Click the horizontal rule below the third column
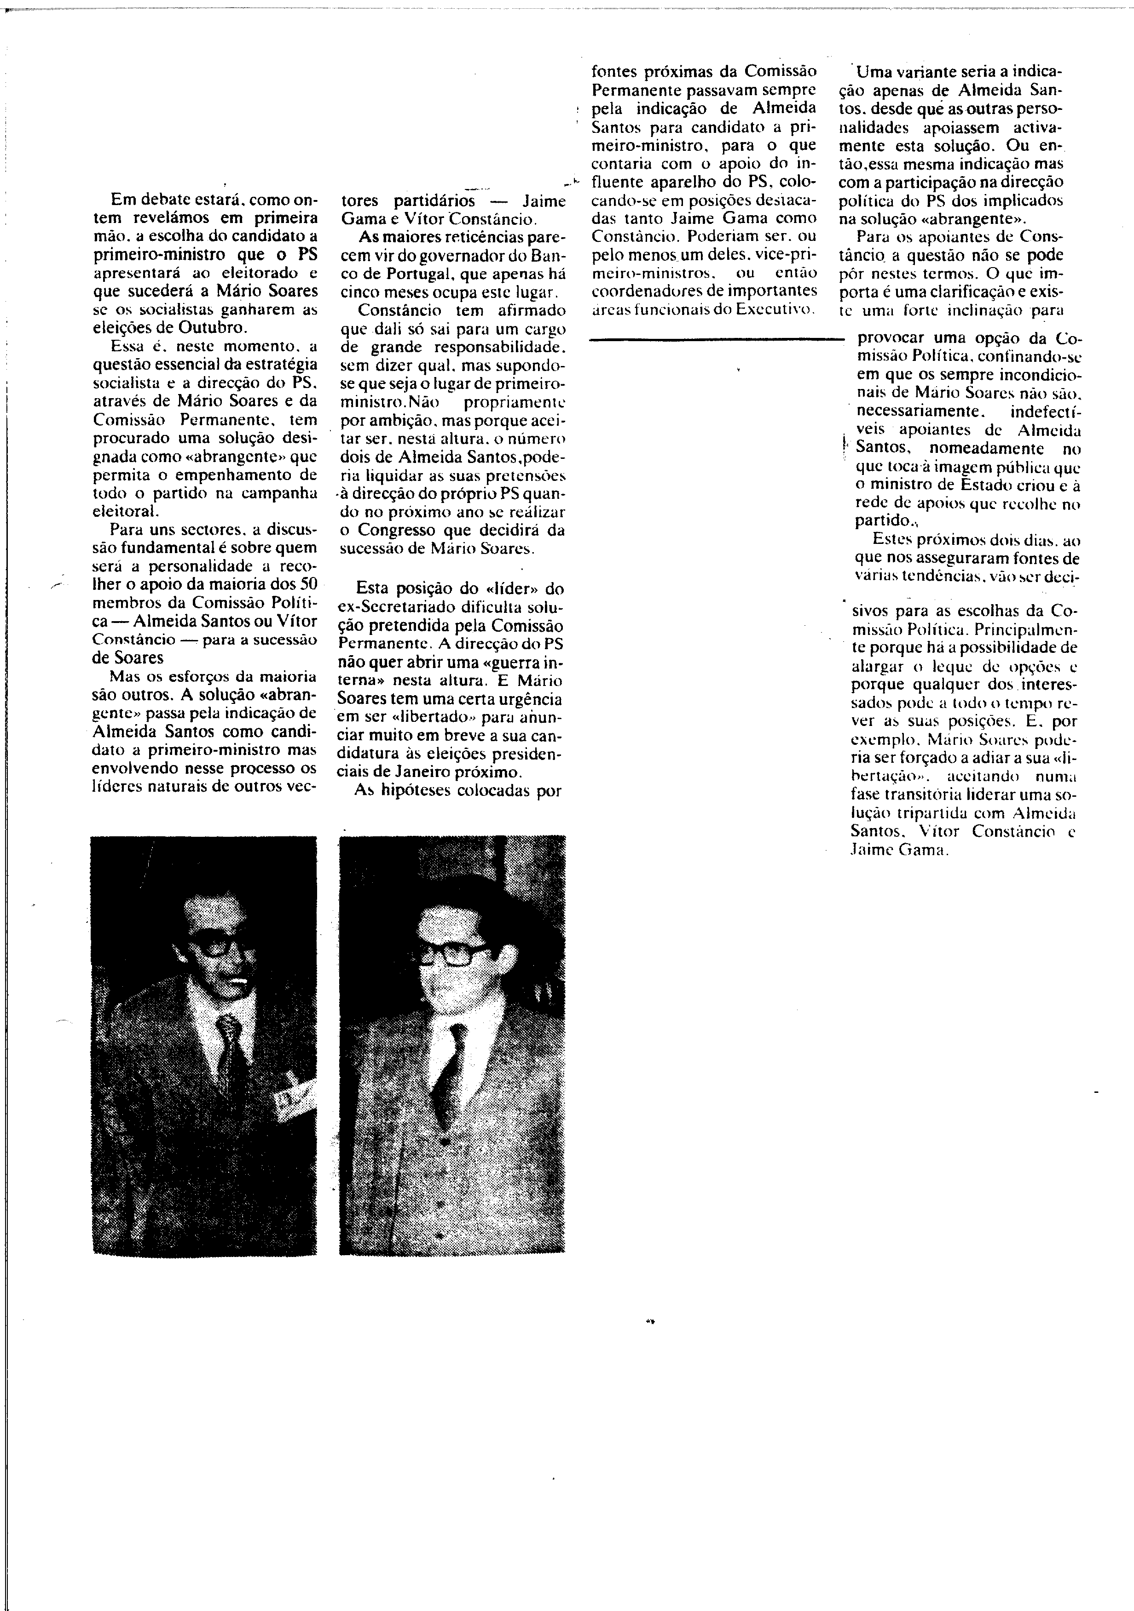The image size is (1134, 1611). pyautogui.click(x=716, y=340)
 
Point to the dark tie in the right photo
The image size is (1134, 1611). pyautogui.click(x=449, y=1080)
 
